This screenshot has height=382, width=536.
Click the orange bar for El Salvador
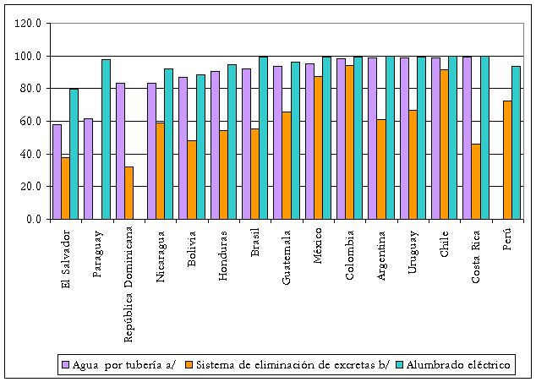pyautogui.click(x=65, y=188)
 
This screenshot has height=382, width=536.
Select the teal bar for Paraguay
pyautogui.click(x=106, y=139)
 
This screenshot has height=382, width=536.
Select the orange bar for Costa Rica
pyautogui.click(x=476, y=181)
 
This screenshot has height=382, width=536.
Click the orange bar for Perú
pyautogui.click(x=507, y=160)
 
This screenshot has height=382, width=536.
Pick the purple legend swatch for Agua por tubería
pyautogui.click(x=65, y=365)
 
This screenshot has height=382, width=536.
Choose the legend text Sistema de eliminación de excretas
pyautogui.click(x=291, y=365)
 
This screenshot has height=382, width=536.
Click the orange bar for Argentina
pyautogui.click(x=381, y=169)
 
